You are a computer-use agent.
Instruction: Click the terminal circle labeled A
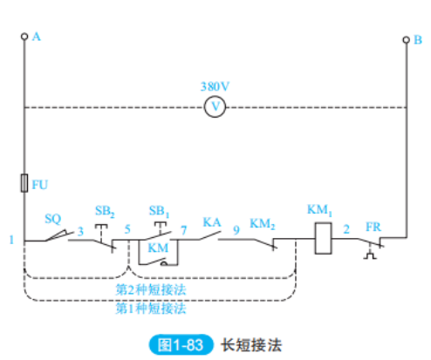[24, 37]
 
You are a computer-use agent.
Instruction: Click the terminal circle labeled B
[406, 40]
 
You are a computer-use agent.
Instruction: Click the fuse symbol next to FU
[24, 184]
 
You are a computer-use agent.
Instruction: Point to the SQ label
[52, 220]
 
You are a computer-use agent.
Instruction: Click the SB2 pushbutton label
[104, 213]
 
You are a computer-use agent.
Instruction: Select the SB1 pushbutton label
[159, 213]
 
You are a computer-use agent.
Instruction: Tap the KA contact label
[211, 221]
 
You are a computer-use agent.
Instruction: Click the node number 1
[11, 240]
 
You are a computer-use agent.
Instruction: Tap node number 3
[81, 231]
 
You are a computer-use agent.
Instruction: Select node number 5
[127, 231]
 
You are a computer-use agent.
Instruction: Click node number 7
[183, 231]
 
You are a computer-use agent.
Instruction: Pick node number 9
[236, 231]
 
